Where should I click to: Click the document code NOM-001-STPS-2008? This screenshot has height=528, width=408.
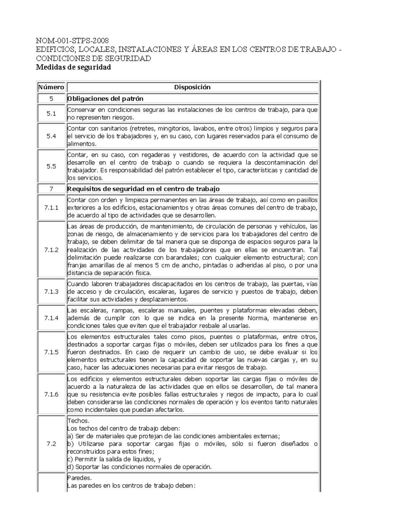pyautogui.click(x=72, y=41)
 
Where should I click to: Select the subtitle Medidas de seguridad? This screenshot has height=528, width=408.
pyautogui.click(x=73, y=67)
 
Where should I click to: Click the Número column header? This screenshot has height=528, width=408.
pyautogui.click(x=51, y=87)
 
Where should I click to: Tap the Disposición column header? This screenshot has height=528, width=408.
pyautogui.click(x=192, y=87)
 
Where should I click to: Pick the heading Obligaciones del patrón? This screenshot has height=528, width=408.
pyautogui.click(x=105, y=99)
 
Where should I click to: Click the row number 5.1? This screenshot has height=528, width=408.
pyautogui.click(x=51, y=114)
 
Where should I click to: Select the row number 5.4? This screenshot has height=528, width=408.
pyautogui.click(x=51, y=136)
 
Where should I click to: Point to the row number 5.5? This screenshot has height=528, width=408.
pyautogui.click(x=51, y=167)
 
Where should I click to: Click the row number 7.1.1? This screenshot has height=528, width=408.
pyautogui.click(x=51, y=208)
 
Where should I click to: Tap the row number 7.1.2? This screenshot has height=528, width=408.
pyautogui.click(x=51, y=250)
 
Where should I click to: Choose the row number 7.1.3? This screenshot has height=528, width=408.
pyautogui.click(x=51, y=292)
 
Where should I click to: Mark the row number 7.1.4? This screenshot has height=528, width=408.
pyautogui.click(x=51, y=318)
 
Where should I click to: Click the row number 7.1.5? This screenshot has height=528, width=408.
pyautogui.click(x=51, y=352)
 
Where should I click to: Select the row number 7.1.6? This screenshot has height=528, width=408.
pyautogui.click(x=51, y=394)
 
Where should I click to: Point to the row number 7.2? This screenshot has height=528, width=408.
pyautogui.click(x=51, y=444)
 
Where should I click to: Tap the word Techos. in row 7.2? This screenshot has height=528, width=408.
pyautogui.click(x=78, y=421)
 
